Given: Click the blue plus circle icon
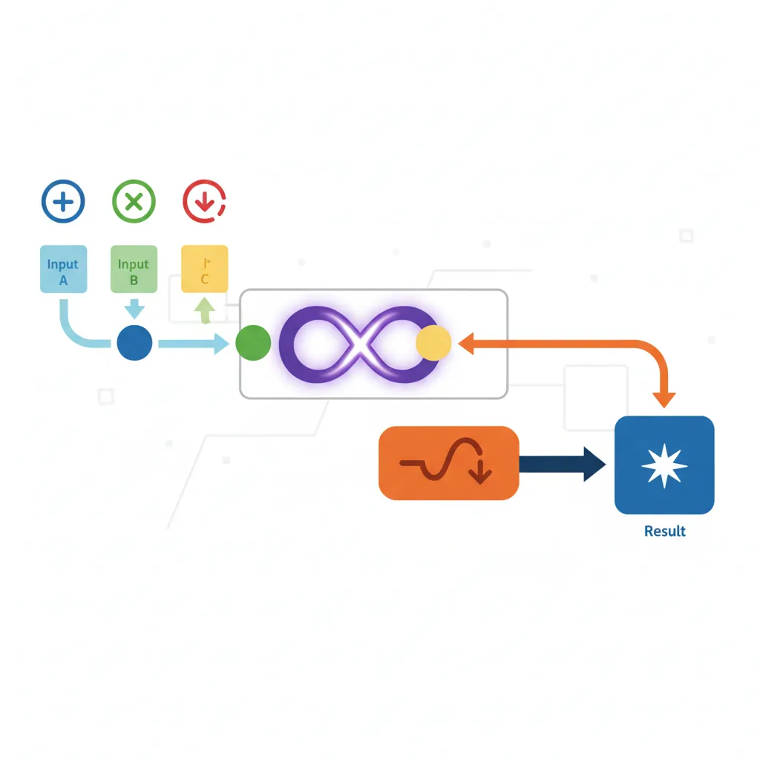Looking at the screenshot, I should point(63,200).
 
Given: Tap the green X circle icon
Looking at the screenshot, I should point(134,200).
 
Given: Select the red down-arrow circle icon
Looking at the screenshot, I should point(204,200).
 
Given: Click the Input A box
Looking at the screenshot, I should point(63,269).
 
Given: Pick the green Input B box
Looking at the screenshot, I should point(134,269).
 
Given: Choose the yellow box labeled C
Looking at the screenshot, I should point(205,269).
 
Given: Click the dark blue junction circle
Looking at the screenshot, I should point(135,344).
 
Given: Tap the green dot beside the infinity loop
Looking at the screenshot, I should point(253,344).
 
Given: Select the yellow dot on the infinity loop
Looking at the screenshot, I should point(433,343).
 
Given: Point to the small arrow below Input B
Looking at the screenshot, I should point(134,307).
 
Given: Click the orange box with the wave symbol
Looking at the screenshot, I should point(448,463).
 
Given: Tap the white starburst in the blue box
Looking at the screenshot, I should point(664,465).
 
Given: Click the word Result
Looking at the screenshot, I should point(664,531).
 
